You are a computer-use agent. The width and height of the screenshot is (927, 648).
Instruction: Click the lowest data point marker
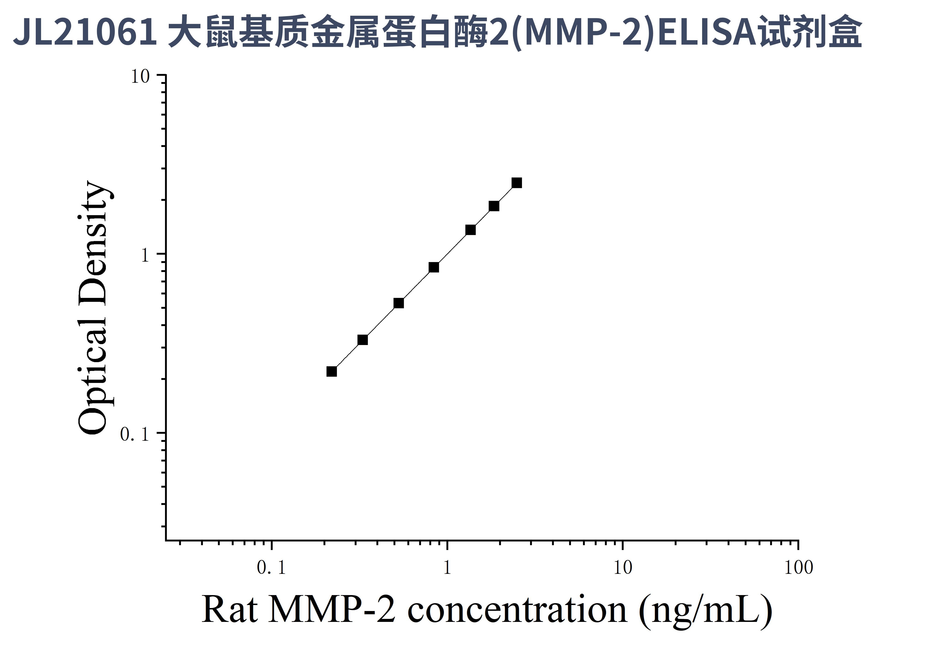pos(332,371)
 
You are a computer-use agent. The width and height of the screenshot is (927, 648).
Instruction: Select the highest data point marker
pos(517,183)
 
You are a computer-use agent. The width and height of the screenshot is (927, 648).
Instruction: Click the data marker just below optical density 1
pos(434,267)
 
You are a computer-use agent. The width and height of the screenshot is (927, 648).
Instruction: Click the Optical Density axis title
pos(93,308)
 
